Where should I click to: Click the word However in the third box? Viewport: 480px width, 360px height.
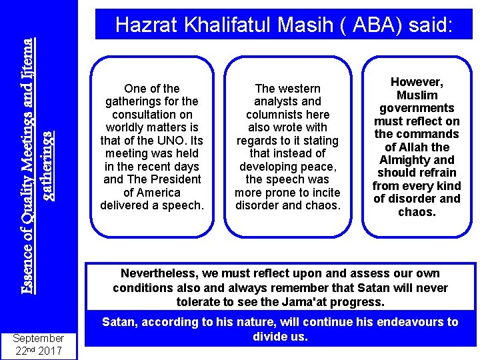coord(416,82)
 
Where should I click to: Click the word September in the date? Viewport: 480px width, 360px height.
coord(38,338)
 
